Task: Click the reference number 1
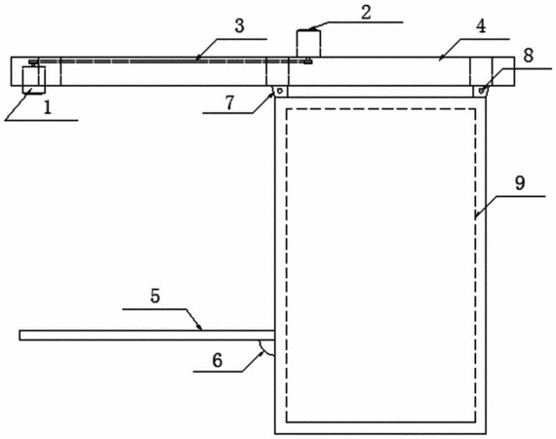pos(48,107)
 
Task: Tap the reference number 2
pos(366,12)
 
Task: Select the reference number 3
pos(240,26)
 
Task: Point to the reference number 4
pos(481,26)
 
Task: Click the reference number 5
pos(155,296)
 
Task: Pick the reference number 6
pos(217,360)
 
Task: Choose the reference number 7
pos(230,102)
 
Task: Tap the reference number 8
pos(529,56)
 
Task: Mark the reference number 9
pos(520,183)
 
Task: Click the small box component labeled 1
pos(34,80)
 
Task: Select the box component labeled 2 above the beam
pos(308,43)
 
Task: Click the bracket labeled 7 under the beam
pos(280,91)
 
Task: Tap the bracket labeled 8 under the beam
pos(481,91)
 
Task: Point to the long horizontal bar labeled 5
pos(147,335)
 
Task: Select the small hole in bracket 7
pos(280,91)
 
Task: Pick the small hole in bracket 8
pos(481,91)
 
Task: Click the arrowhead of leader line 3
pos(198,58)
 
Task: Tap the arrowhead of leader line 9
pos(477,215)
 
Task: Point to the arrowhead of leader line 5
pos(200,327)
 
